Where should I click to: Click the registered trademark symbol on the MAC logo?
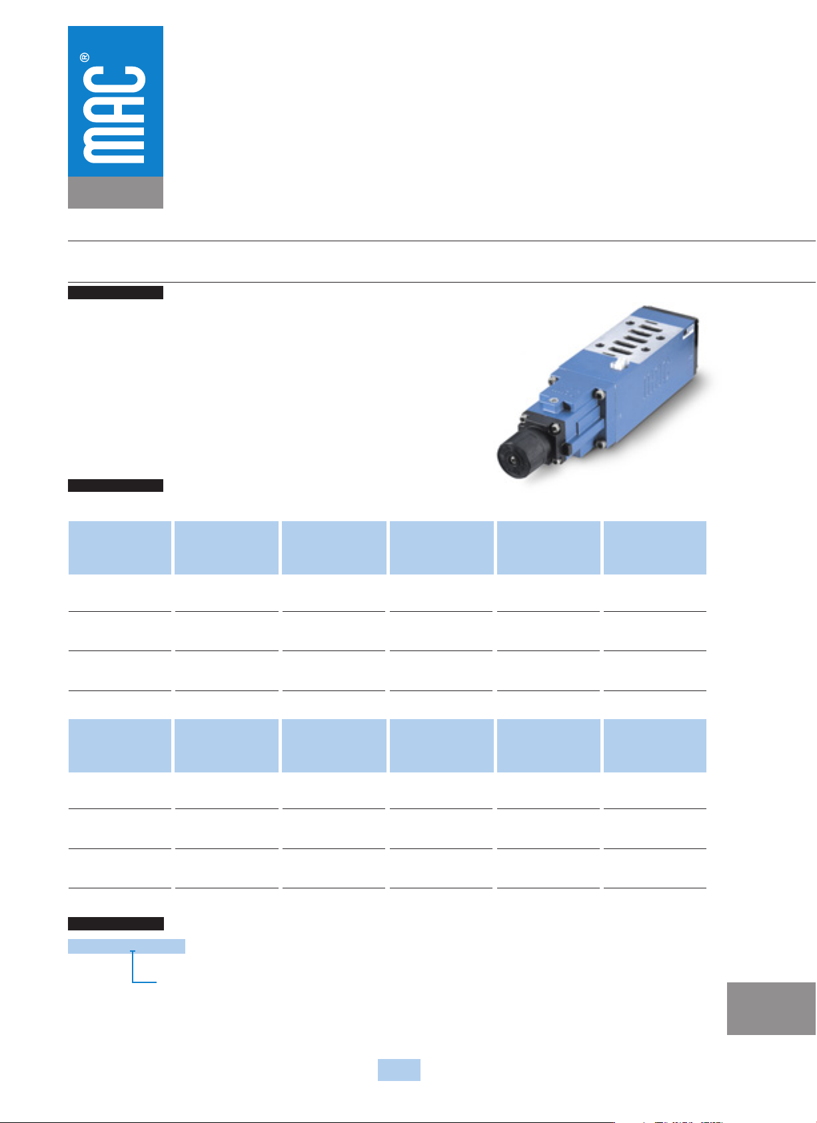85,57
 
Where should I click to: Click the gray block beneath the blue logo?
115,192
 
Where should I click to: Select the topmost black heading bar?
116,293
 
